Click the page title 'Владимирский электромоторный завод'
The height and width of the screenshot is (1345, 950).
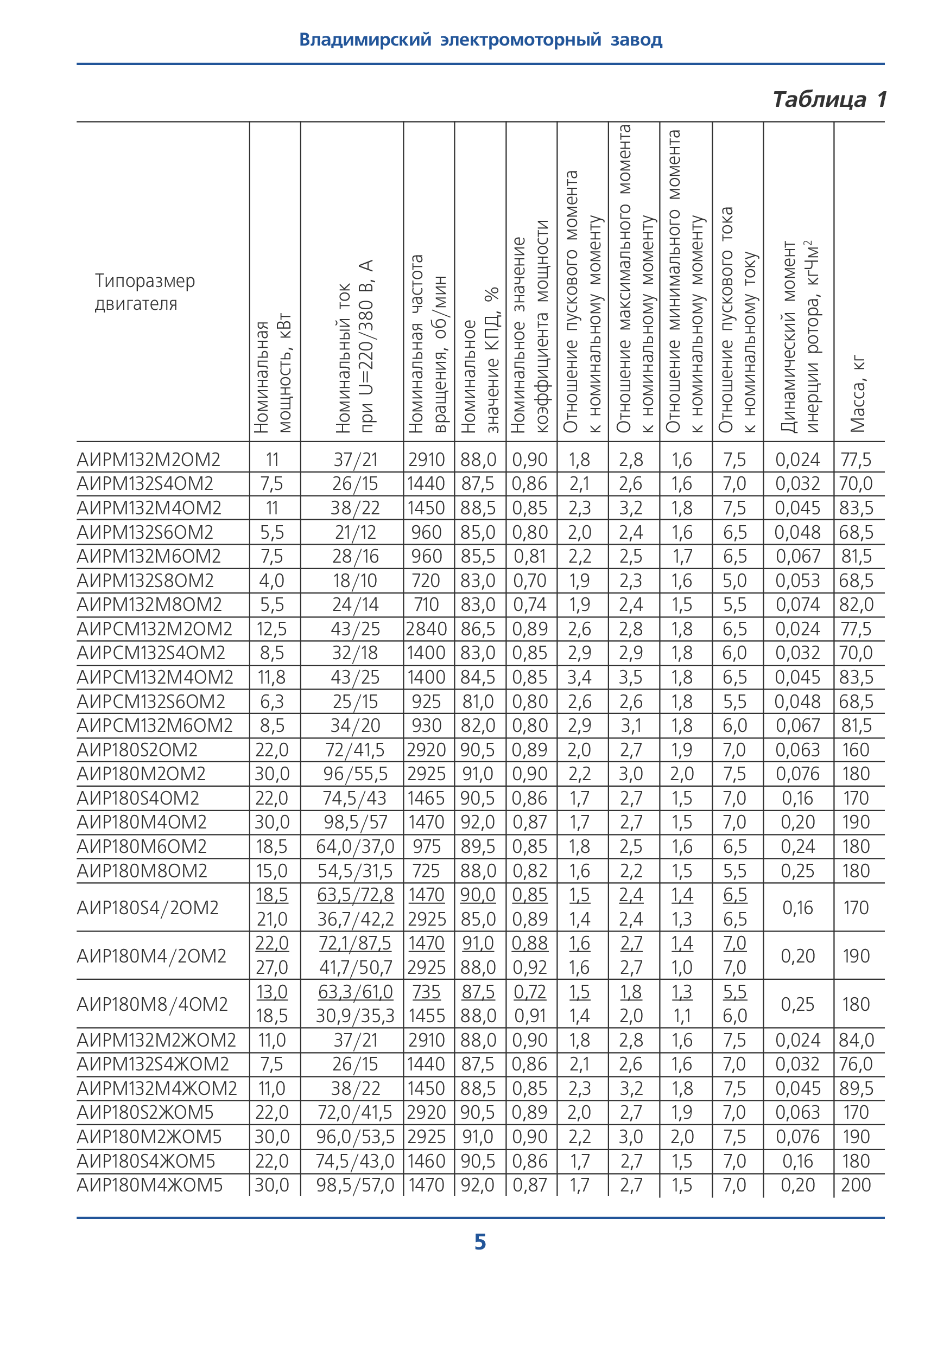click(480, 40)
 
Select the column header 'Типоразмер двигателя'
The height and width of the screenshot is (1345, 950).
click(145, 292)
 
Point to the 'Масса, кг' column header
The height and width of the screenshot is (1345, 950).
click(858, 393)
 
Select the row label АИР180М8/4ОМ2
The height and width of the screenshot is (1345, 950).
click(152, 1004)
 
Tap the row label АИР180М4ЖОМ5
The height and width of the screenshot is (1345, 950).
click(149, 1185)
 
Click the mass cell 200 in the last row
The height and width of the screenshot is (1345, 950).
click(856, 1185)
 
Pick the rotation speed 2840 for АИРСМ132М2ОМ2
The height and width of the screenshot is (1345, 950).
click(426, 629)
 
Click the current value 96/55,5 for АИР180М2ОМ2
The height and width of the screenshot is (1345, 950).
click(355, 774)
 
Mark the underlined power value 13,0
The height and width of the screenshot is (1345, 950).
click(272, 992)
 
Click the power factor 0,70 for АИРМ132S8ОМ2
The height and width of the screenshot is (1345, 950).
click(530, 581)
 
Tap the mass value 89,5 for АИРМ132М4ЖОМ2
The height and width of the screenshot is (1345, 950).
click(856, 1088)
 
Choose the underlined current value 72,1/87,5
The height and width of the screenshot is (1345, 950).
click(355, 943)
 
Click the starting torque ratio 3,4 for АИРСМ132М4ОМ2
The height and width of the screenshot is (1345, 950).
click(579, 677)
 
